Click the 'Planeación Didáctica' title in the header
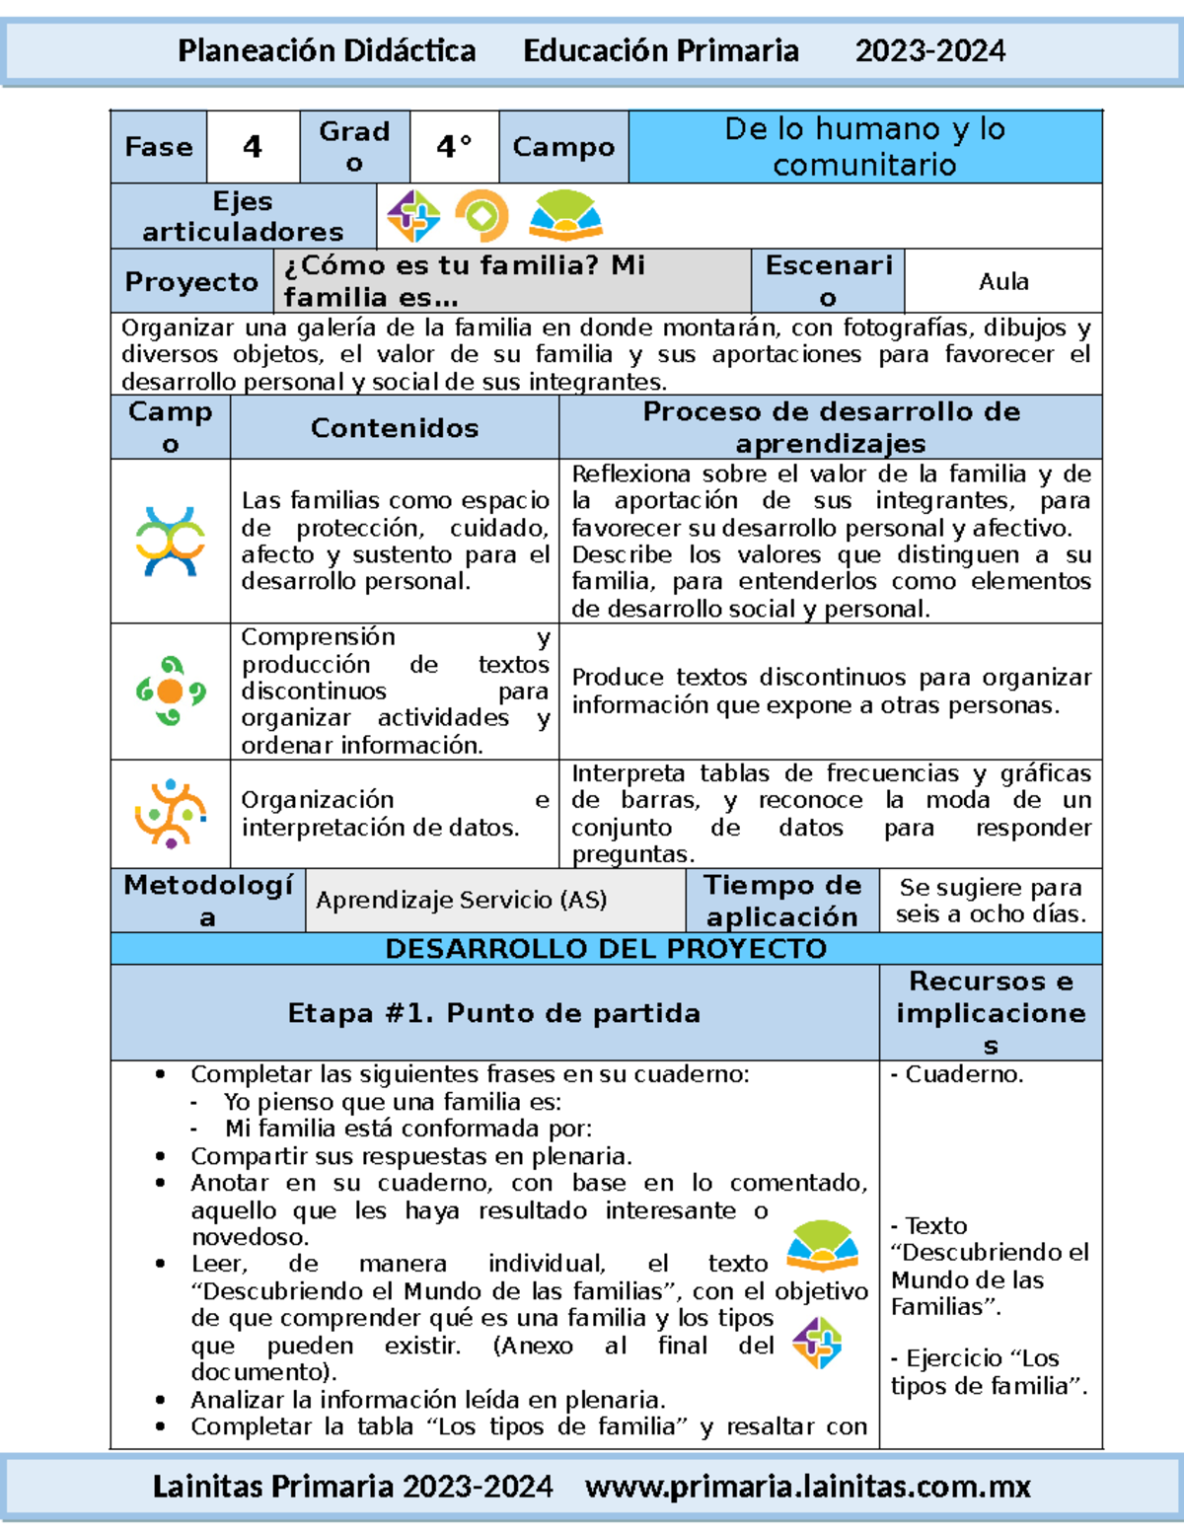pyautogui.click(x=327, y=50)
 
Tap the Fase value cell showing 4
pyautogui.click(x=253, y=147)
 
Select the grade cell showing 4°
pyautogui.click(x=454, y=147)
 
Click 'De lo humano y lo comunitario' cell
pyautogui.click(x=864, y=147)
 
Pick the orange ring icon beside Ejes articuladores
pyautogui.click(x=481, y=215)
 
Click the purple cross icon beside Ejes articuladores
pyautogui.click(x=413, y=216)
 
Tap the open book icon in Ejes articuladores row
pyautogui.click(x=564, y=215)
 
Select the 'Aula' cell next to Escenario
pyautogui.click(x=1002, y=281)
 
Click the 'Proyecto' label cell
pyautogui.click(x=191, y=281)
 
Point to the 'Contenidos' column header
pyautogui.click(x=395, y=427)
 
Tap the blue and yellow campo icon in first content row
pyautogui.click(x=171, y=541)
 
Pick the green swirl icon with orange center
pyautogui.click(x=171, y=691)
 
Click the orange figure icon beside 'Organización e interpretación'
pyautogui.click(x=171, y=814)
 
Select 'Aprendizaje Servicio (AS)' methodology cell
pyautogui.click(x=462, y=900)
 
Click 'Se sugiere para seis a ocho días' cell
pyautogui.click(x=991, y=901)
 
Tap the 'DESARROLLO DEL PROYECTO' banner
pyautogui.click(x=606, y=949)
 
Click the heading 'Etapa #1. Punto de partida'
pyautogui.click(x=494, y=1013)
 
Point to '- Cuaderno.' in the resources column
pyautogui.click(x=957, y=1074)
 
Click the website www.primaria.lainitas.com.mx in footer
pyautogui.click(x=807, y=1487)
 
